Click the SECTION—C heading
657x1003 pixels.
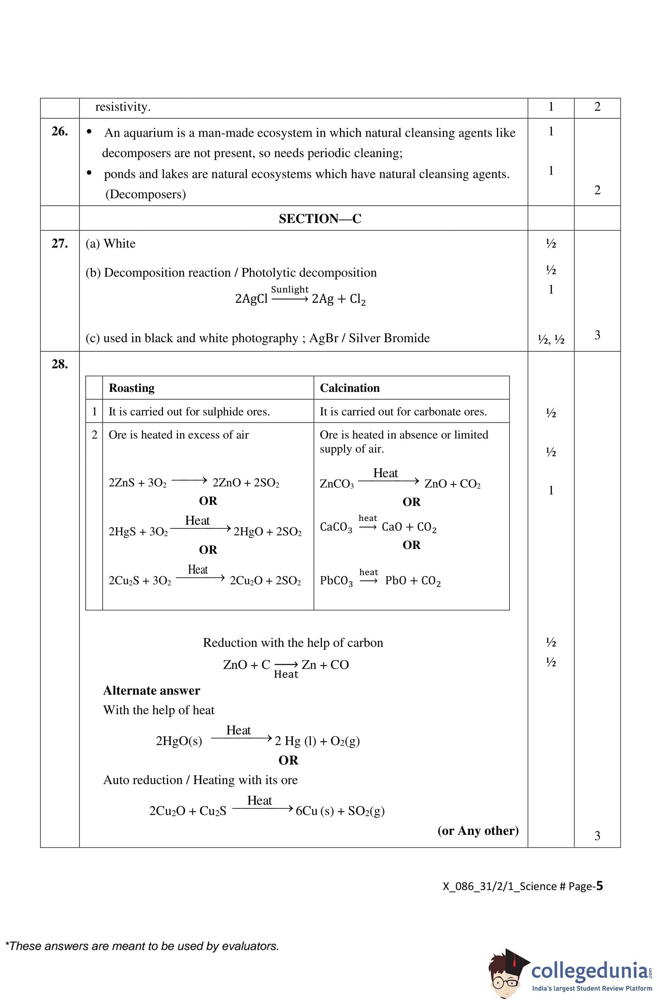pyautogui.click(x=320, y=219)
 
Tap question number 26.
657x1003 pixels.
pyautogui.click(x=60, y=131)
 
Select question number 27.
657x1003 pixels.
pyautogui.click(x=60, y=244)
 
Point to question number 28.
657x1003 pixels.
pyautogui.click(x=60, y=364)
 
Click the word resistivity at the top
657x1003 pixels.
pyautogui.click(x=122, y=107)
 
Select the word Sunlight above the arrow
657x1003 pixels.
pyautogui.click(x=290, y=290)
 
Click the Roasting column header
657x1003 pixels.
pyautogui.click(x=131, y=388)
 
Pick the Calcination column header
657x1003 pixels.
pyautogui.click(x=349, y=388)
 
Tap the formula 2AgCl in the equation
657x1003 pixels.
pyautogui.click(x=251, y=299)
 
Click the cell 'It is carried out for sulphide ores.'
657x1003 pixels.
pyautogui.click(x=189, y=412)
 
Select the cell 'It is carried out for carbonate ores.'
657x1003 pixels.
pyautogui.click(x=403, y=412)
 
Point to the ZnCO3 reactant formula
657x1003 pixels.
pyautogui.click(x=337, y=484)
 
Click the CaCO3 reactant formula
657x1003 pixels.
pyautogui.click(x=336, y=527)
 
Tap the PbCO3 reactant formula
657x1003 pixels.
pyautogui.click(x=336, y=581)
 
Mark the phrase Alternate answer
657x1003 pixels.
pyautogui.click(x=152, y=691)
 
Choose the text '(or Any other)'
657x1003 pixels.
pyautogui.click(x=478, y=831)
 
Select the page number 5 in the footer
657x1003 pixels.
pyautogui.click(x=599, y=886)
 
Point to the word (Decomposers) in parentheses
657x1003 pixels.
pyautogui.click(x=145, y=194)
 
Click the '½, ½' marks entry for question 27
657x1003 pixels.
pyautogui.click(x=551, y=339)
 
